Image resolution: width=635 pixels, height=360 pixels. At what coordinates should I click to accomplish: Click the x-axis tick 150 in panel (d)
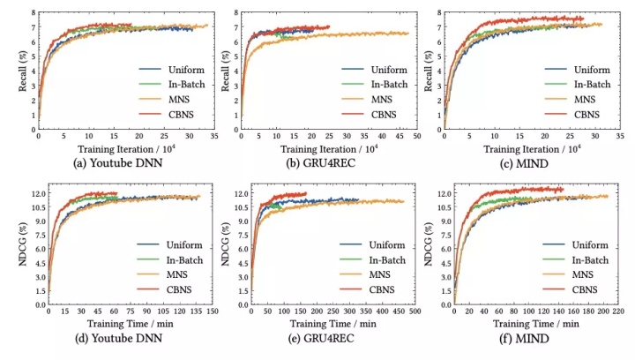tap(213, 311)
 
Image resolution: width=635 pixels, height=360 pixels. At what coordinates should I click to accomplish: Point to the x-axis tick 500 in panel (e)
tap(417, 311)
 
